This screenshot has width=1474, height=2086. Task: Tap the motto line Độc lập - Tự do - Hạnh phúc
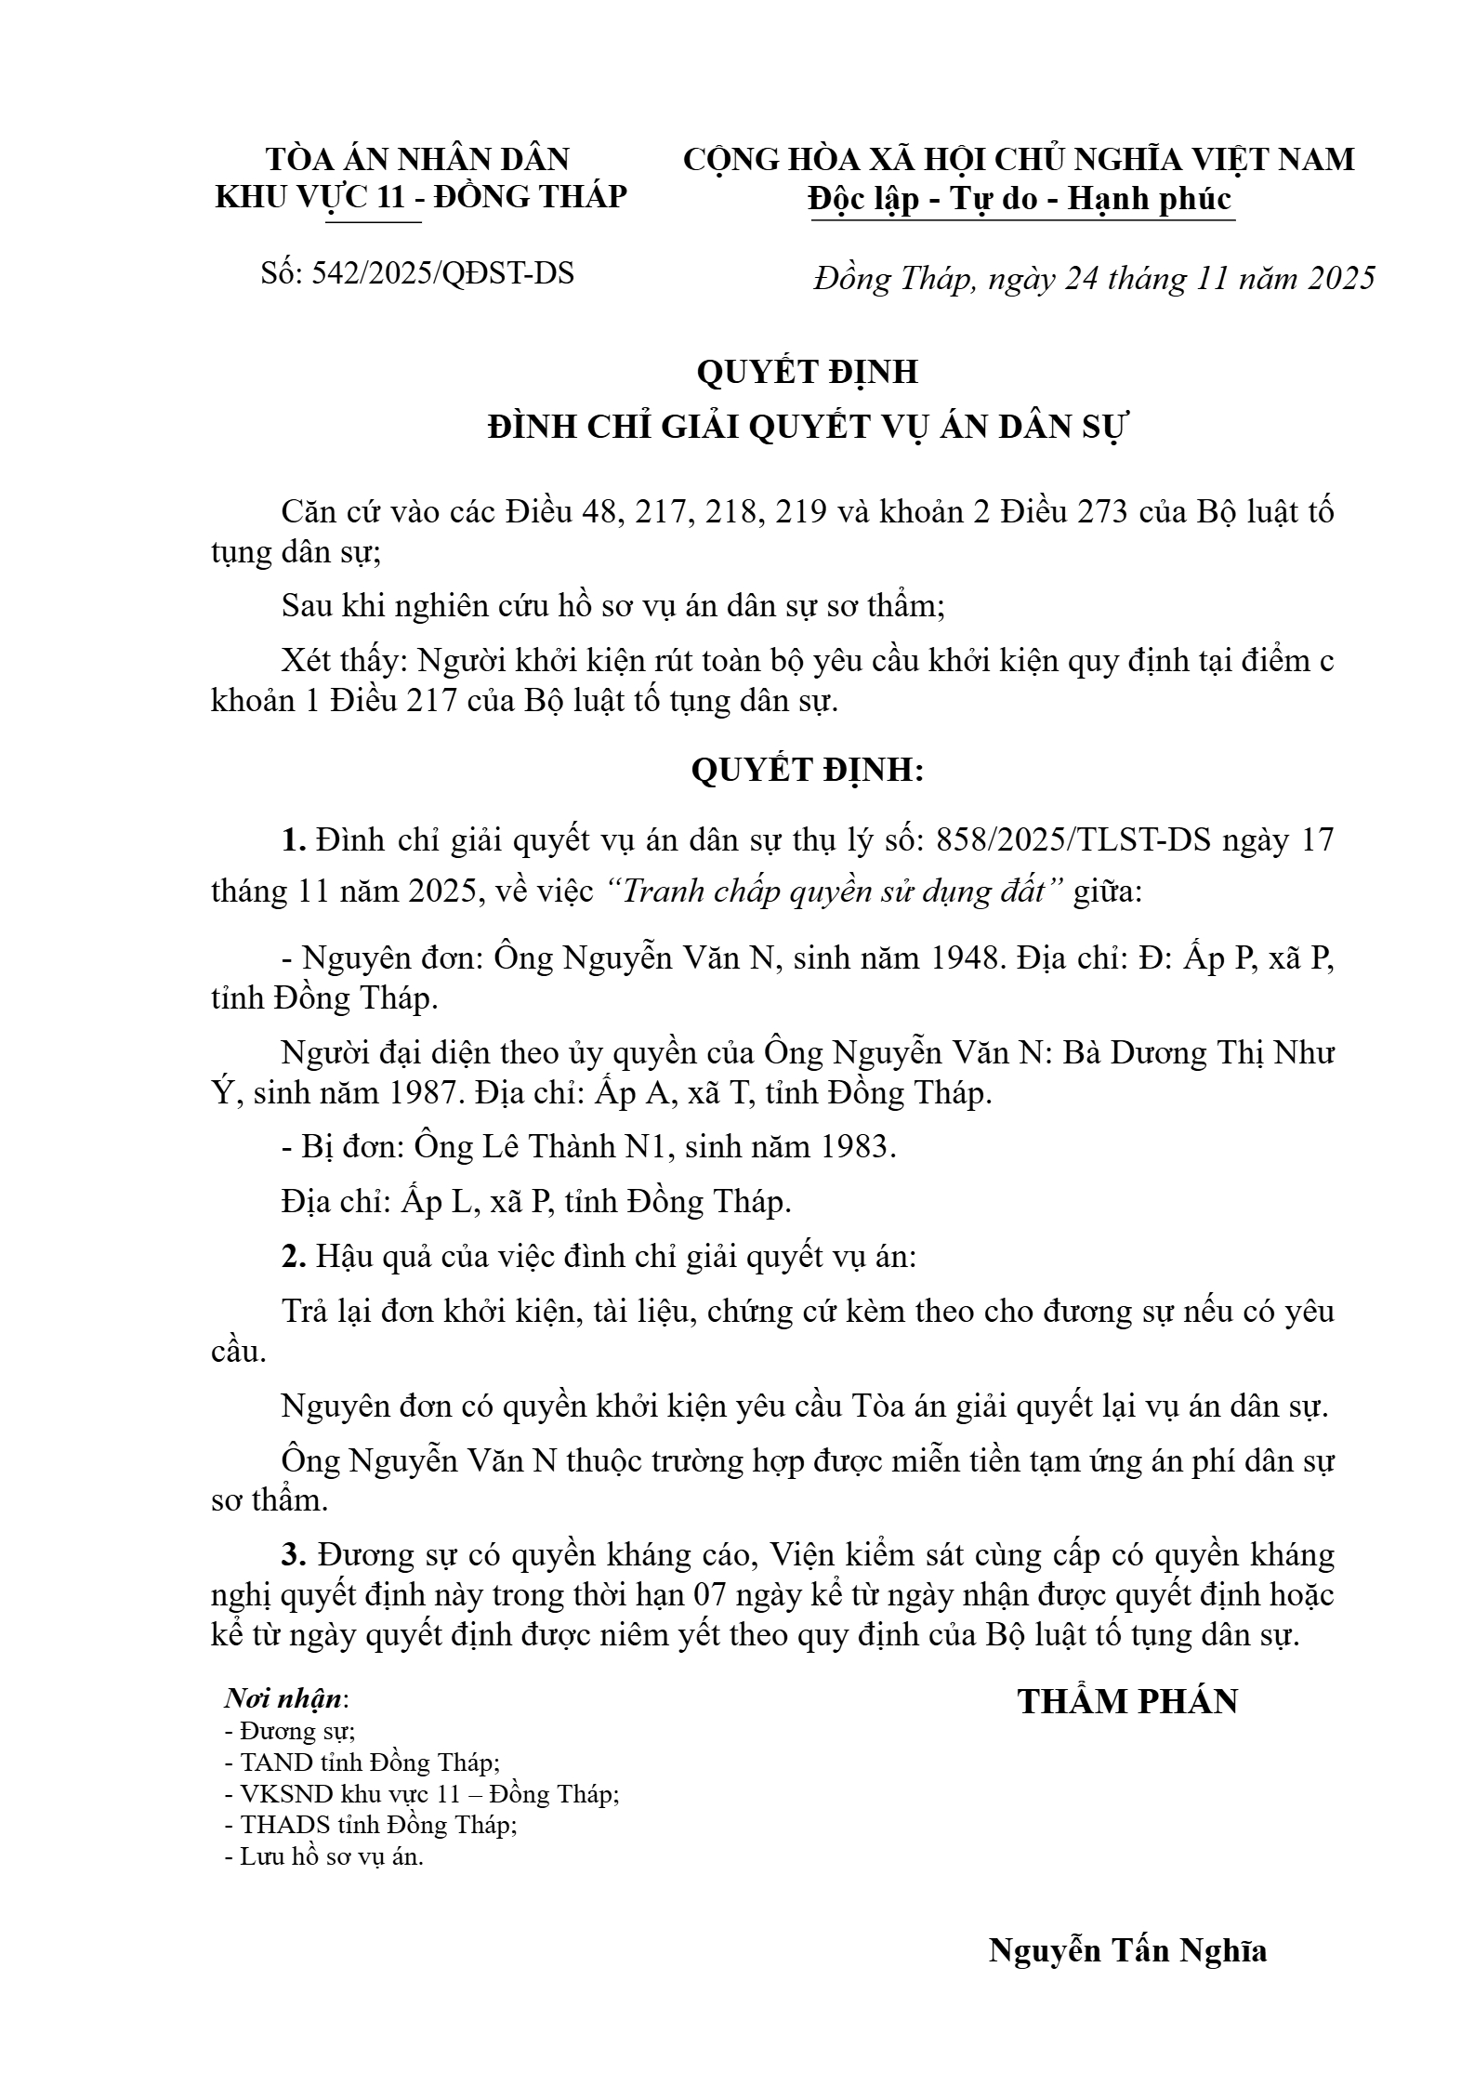pos(1020,199)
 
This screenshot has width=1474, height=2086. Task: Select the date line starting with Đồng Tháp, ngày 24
pos(1094,278)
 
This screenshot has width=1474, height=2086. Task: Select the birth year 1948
pos(967,957)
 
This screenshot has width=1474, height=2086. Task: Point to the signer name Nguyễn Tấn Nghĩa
pos(1127,1948)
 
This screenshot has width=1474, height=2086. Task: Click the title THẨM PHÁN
pos(1127,1701)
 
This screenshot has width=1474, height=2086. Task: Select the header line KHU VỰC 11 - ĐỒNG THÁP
pos(421,197)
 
